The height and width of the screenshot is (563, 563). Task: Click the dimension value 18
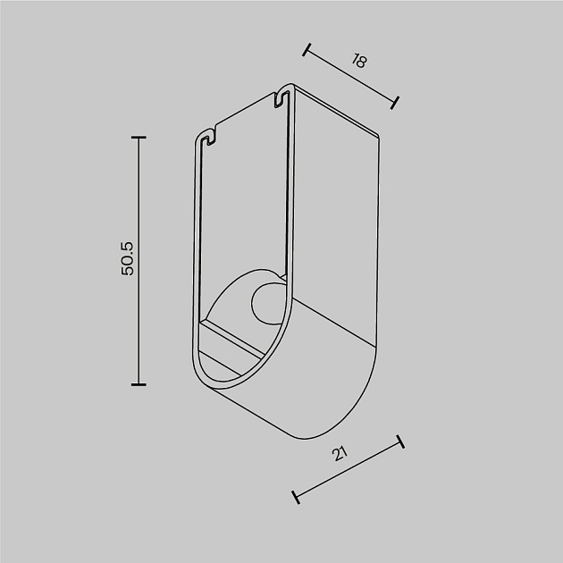tap(359, 61)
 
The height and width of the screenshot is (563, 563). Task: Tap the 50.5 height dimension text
tap(127, 258)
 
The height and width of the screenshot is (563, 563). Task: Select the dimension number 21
tap(340, 453)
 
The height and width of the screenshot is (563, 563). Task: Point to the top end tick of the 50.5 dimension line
tap(138, 138)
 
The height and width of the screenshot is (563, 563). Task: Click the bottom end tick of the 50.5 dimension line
tap(138, 384)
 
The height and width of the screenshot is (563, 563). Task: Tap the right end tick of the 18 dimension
tap(394, 102)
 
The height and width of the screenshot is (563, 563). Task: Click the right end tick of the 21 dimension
tap(400, 441)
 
